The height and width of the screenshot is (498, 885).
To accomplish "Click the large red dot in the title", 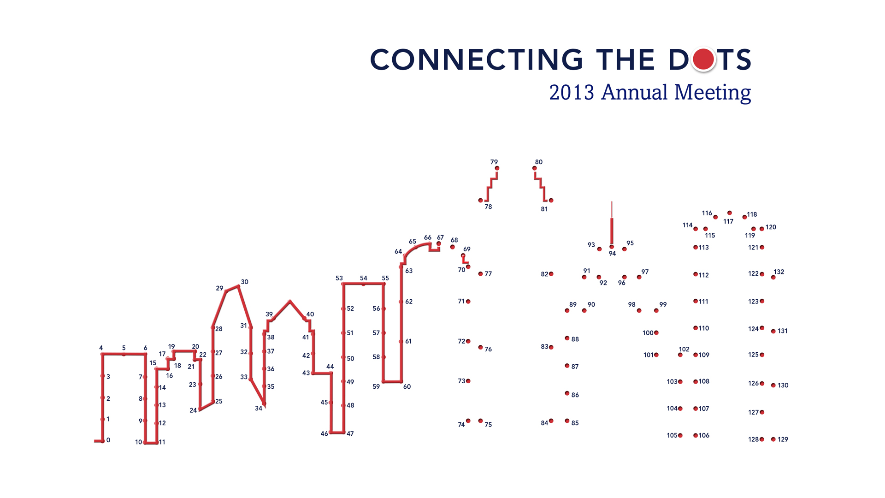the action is [703, 59].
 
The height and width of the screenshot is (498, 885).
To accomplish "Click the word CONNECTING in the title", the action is [477, 59].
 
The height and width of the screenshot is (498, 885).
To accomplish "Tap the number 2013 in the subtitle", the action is [572, 92].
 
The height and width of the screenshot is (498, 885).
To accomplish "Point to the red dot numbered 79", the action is [497, 168].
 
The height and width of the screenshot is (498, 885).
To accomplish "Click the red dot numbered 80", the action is [535, 168].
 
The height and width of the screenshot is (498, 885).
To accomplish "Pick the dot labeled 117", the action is [730, 213].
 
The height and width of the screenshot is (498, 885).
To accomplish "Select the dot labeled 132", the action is [773, 278].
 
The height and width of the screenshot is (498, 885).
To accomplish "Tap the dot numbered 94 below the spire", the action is [612, 247].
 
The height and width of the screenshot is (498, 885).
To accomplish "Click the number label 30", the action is [245, 282].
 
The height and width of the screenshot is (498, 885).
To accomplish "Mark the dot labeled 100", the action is [656, 332].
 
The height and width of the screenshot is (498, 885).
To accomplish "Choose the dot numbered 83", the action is [551, 347].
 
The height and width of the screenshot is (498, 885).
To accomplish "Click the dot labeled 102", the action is [680, 355].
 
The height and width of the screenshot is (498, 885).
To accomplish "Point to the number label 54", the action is [364, 278].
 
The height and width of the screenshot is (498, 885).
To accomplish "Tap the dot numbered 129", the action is [773, 439].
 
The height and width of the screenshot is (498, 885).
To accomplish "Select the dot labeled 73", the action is [468, 381].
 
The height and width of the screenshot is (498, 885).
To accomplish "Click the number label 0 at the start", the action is [108, 440].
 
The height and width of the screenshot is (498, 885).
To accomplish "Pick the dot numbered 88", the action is [567, 338].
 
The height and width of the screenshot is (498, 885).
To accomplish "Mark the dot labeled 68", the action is [453, 247].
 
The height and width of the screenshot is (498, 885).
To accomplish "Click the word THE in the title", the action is [625, 59].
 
